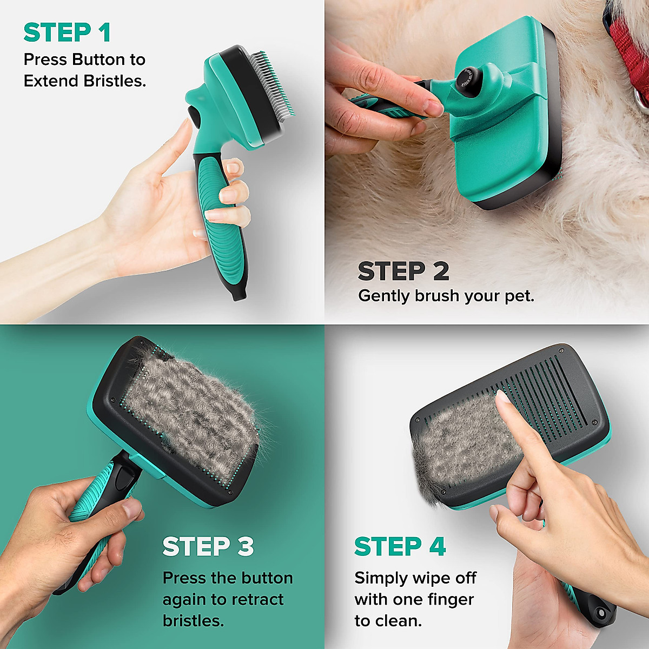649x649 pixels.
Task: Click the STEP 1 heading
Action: (x=67, y=32)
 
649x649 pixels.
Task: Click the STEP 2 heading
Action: (x=403, y=271)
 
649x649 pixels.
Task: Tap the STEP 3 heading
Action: (x=208, y=547)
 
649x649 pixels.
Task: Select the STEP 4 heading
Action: (x=400, y=547)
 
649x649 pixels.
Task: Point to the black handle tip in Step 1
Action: (x=238, y=294)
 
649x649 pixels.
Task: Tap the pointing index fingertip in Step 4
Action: (x=503, y=399)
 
